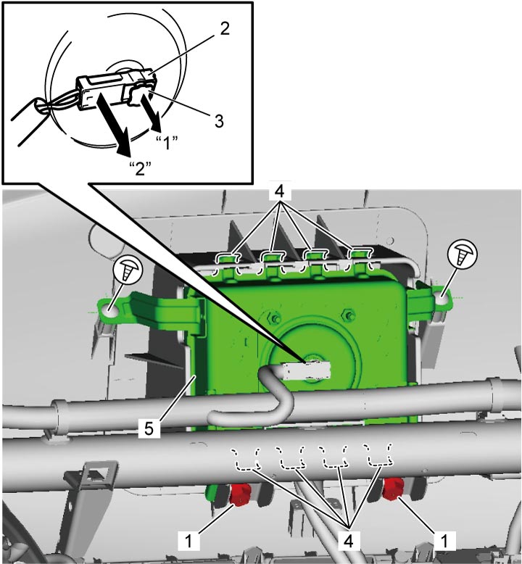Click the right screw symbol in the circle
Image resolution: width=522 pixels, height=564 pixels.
[462, 253]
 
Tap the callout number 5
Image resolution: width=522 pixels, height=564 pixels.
[149, 428]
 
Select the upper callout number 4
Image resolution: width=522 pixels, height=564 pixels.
[280, 191]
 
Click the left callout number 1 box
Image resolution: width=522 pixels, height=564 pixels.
[188, 541]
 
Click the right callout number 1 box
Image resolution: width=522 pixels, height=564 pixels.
[444, 540]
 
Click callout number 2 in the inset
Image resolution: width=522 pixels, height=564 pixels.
[225, 29]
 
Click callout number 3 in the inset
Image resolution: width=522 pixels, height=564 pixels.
[219, 121]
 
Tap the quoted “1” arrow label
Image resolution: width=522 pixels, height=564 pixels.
[167, 143]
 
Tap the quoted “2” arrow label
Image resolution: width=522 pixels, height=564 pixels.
[140, 167]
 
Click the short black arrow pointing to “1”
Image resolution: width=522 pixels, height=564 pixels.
[151, 112]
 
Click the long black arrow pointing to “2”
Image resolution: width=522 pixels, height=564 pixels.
[113, 125]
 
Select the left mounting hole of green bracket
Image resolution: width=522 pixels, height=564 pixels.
[112, 310]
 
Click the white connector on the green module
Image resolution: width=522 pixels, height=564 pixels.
[307, 370]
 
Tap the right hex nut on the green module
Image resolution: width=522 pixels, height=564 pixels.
[349, 315]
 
